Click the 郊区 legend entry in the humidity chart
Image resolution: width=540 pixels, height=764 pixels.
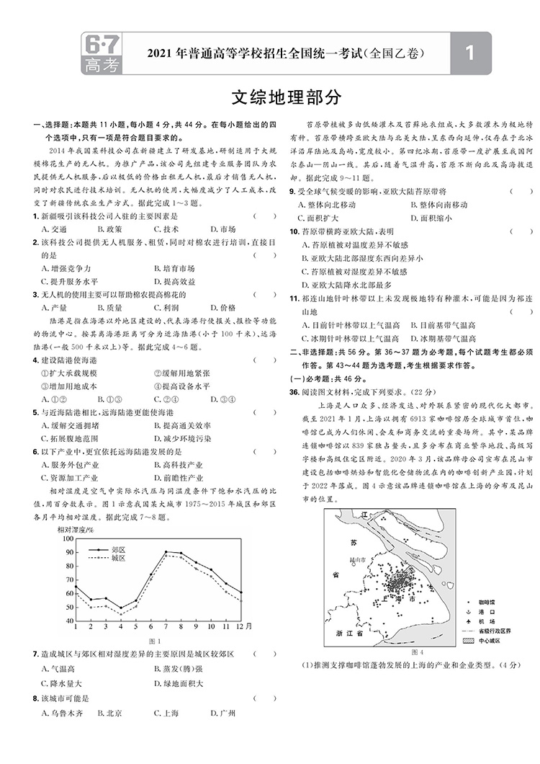(x=119, y=548)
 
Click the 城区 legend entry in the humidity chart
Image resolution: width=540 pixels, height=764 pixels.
(x=119, y=558)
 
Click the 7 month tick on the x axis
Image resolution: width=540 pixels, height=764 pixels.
(x=166, y=626)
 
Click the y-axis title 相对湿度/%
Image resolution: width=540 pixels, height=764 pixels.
(x=76, y=530)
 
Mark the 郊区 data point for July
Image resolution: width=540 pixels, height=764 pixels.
(x=166, y=552)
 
